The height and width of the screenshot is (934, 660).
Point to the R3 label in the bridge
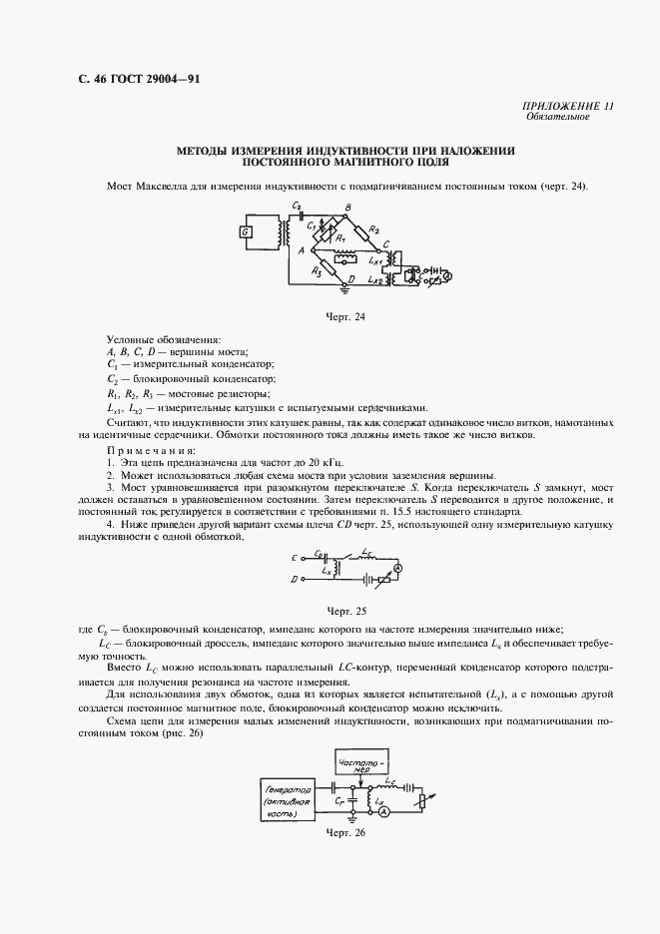(317, 268)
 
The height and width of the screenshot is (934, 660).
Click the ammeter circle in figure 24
(447, 274)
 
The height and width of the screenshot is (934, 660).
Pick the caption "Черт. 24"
(346, 317)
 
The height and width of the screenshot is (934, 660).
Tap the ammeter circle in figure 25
(396, 567)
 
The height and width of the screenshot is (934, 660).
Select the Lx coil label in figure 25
(320, 572)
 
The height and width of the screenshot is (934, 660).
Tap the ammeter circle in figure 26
(383, 812)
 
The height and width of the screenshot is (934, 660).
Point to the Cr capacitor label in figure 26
(340, 801)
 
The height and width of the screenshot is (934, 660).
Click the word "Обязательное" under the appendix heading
(558, 117)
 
